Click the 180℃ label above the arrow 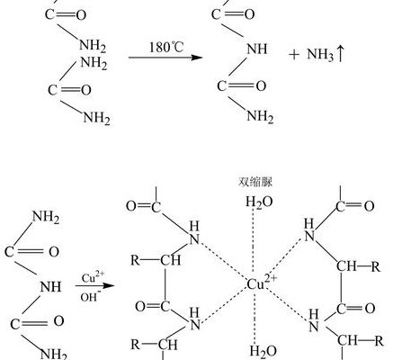point(166,47)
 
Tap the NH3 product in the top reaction point(320,55)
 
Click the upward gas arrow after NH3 point(340,54)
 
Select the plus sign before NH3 point(294,55)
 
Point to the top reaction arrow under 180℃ point(165,58)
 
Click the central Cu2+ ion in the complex point(262,283)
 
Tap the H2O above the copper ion point(259,202)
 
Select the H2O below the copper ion point(263,351)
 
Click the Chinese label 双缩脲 point(255,182)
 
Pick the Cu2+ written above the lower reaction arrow point(94,277)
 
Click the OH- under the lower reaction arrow point(89,297)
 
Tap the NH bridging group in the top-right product point(257,49)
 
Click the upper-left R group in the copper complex point(136,260)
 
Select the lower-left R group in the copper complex point(136,345)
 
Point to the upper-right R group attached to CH point(376,266)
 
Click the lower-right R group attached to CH point(379,341)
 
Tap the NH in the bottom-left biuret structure point(50,287)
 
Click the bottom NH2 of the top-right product point(260,116)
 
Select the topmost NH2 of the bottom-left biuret point(46,217)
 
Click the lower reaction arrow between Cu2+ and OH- point(95,285)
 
